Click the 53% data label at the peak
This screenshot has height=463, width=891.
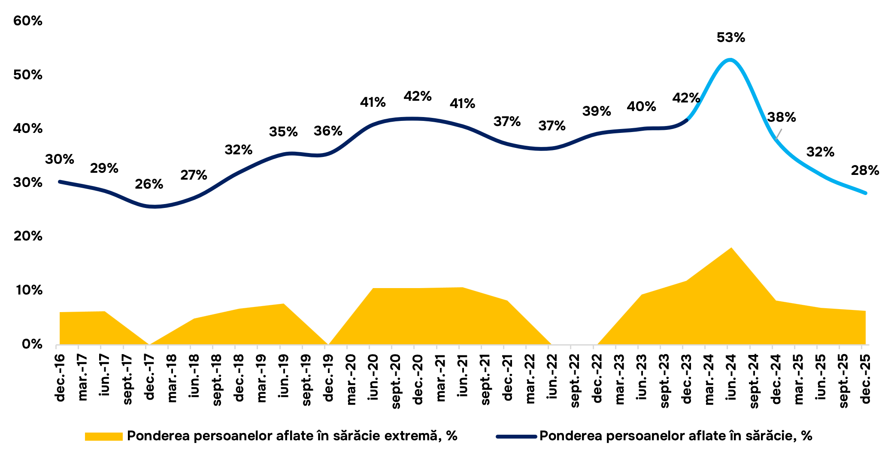click(x=730, y=38)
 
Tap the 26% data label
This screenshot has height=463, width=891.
click(x=149, y=184)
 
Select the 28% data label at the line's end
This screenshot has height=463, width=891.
click(x=865, y=171)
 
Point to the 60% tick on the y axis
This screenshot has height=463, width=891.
click(x=28, y=21)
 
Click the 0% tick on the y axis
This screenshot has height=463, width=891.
click(x=32, y=344)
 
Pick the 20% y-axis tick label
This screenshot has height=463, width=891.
click(x=28, y=236)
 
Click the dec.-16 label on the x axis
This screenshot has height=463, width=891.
click(x=60, y=378)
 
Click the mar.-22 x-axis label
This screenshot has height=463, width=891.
click(x=530, y=379)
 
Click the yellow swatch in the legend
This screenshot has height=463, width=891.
click(x=104, y=436)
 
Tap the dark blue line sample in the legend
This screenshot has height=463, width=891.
click(x=516, y=437)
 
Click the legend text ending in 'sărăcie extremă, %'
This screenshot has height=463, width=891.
click(x=292, y=436)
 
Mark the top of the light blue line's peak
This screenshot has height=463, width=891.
click(x=730, y=59)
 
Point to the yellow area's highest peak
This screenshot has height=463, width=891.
click(x=731, y=248)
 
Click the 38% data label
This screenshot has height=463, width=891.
click(x=782, y=117)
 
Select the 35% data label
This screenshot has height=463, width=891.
click(x=283, y=132)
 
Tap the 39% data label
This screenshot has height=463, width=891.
click(x=597, y=111)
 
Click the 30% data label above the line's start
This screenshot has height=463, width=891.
click(x=60, y=159)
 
